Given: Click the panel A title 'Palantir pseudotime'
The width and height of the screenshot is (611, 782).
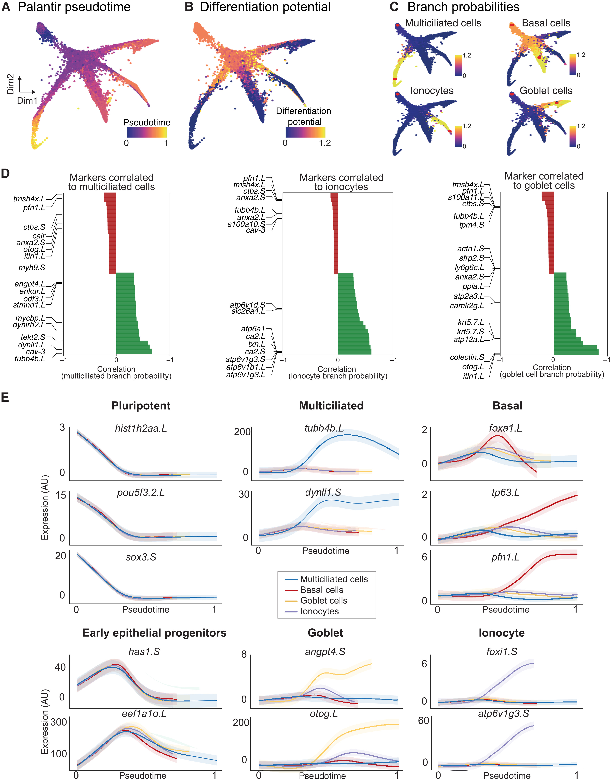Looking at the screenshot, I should coord(74,7).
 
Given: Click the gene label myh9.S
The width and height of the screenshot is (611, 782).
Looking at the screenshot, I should coord(32,268).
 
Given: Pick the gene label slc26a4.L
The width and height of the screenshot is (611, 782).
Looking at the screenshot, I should coord(248,311).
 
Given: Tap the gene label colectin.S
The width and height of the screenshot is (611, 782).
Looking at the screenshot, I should coord(467,357).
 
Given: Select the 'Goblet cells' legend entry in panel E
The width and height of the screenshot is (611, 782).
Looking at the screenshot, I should coord(324,600).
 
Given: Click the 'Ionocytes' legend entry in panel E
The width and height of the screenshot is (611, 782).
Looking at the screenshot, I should coord(319,611).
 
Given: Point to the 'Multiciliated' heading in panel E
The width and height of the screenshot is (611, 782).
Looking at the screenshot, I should coord(331,406).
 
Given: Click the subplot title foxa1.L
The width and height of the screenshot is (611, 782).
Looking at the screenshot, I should coord(505,428).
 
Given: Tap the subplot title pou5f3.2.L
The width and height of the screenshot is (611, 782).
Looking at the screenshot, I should coord(141,493).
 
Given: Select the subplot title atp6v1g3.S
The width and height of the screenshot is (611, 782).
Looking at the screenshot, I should coord(503,714).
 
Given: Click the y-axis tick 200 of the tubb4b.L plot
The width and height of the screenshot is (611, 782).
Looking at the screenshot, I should coord(242,432).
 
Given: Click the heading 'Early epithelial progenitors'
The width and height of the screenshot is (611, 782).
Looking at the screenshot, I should coord(154,633).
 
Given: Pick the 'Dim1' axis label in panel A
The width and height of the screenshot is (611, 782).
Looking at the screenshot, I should coord(27,101).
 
